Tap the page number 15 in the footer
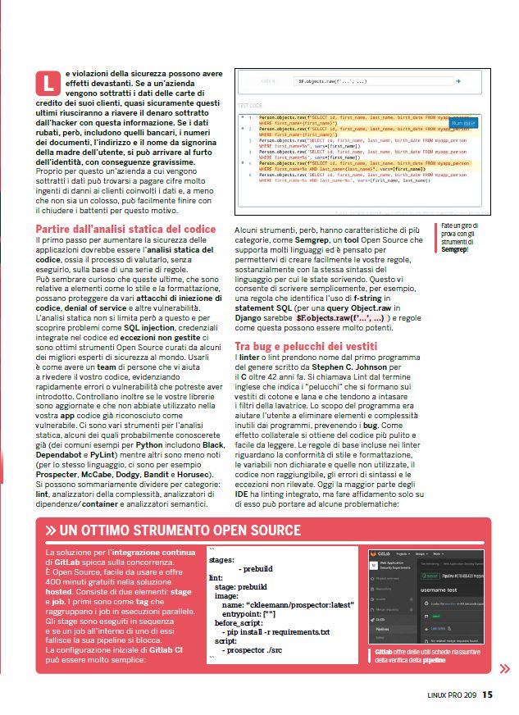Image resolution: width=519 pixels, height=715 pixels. (487, 695)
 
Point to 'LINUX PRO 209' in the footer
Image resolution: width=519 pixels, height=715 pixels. (452, 695)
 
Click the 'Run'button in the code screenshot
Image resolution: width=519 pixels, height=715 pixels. (461, 124)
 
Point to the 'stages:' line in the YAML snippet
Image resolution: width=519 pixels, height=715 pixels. (221, 560)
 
